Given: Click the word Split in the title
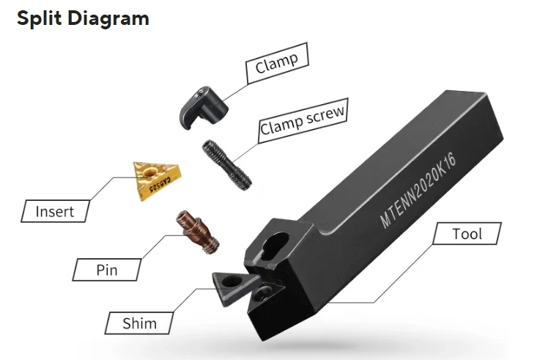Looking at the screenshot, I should point(38,18).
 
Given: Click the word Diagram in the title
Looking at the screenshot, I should point(108,18).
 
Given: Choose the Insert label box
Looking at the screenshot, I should point(55,211).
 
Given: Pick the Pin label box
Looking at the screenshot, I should point(107,270).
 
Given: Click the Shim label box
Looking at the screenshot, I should point(138,321).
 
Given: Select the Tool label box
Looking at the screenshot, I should point(467,234).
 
